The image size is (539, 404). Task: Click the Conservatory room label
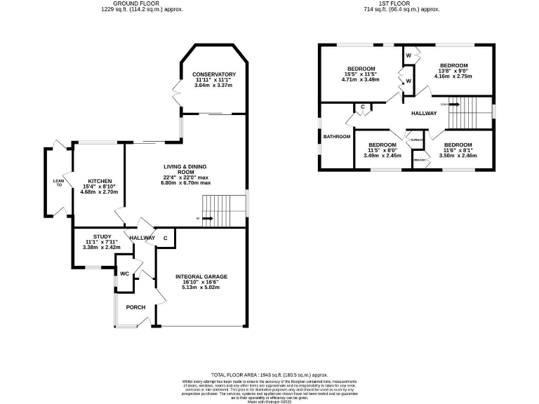(x=213, y=74)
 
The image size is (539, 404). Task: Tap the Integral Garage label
(x=201, y=276)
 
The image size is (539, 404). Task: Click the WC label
(x=124, y=274)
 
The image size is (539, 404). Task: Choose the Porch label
(x=135, y=307)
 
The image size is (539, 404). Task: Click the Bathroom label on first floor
(x=336, y=136)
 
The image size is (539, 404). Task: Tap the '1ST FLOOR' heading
(x=401, y=4)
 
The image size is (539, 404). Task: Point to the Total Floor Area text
(x=269, y=375)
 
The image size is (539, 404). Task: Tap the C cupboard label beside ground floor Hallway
(x=166, y=238)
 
